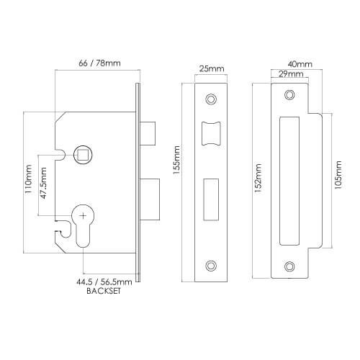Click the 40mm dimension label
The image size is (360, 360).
(x=295, y=64)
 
